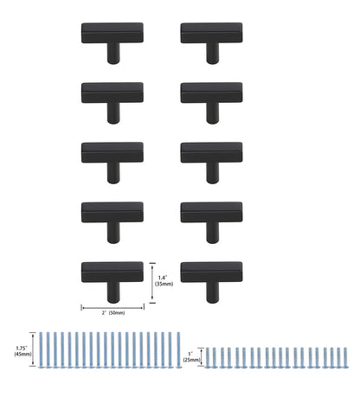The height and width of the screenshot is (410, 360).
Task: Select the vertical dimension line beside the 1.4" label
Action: point(152,280)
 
